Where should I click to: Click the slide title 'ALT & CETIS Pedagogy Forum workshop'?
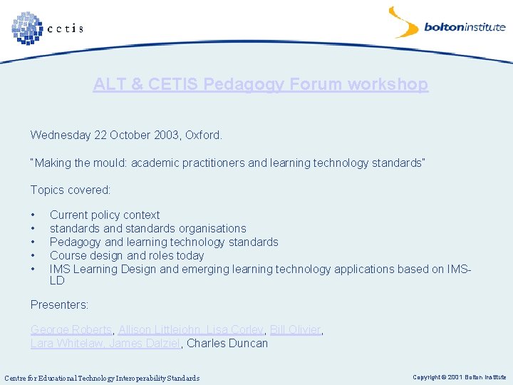[x=260, y=84]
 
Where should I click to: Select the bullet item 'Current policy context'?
[x=105, y=215]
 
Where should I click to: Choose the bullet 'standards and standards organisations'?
[x=147, y=228]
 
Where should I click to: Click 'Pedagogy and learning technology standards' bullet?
[x=164, y=242]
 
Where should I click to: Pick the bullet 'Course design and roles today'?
[x=127, y=255]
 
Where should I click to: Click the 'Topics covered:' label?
[x=71, y=190]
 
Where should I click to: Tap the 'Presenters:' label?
[x=59, y=304]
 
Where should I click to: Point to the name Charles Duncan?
[x=227, y=343]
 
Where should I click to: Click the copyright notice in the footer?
[x=459, y=376]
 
